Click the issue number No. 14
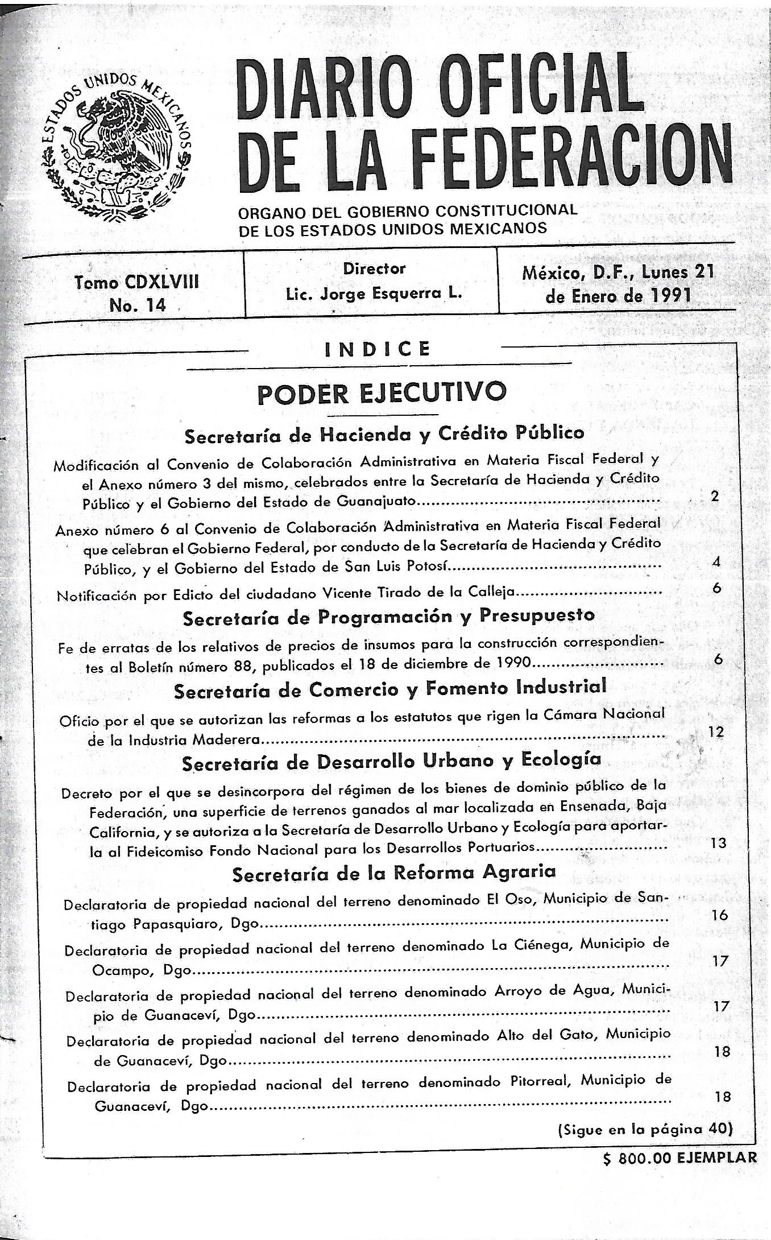(x=138, y=305)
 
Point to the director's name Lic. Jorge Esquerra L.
(x=374, y=294)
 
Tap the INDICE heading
(x=377, y=349)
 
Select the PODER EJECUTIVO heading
(x=381, y=392)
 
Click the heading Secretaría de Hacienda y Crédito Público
(x=384, y=434)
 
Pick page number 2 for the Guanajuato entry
(x=715, y=496)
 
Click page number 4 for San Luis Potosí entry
(x=716, y=562)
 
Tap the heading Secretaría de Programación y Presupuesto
(x=388, y=616)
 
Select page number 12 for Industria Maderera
(x=716, y=731)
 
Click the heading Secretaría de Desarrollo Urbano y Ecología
(x=391, y=762)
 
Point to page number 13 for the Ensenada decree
(x=718, y=843)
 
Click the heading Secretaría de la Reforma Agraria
(x=393, y=873)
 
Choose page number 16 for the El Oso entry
(x=719, y=915)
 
